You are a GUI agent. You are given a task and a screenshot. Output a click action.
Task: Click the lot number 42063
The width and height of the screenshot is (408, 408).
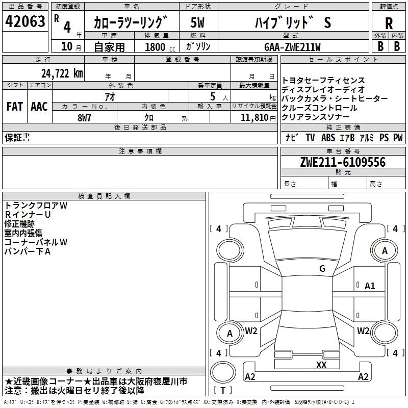(x=25, y=22)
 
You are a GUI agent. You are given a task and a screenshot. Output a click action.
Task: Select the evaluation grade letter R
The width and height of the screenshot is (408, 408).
(x=389, y=23)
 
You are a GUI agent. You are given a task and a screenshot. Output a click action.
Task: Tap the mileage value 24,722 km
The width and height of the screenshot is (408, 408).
(x=62, y=73)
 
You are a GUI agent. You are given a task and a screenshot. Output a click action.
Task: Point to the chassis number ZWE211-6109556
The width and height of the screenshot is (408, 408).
(x=342, y=162)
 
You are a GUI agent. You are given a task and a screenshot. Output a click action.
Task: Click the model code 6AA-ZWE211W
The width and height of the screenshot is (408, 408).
(x=292, y=47)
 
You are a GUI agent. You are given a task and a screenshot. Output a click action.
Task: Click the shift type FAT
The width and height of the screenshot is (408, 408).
(x=14, y=107)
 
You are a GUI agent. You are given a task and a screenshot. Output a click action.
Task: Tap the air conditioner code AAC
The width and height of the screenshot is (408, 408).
(x=39, y=107)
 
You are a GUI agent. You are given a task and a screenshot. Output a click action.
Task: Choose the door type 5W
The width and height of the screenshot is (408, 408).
(x=197, y=23)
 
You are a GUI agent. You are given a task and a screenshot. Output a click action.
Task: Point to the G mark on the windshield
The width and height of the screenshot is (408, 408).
(x=322, y=269)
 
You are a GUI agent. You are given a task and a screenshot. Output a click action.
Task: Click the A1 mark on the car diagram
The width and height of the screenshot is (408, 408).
(x=370, y=286)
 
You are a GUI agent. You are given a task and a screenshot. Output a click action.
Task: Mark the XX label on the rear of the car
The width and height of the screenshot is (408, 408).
(x=321, y=365)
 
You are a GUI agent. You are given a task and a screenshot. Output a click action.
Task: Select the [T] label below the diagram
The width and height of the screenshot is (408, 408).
(x=223, y=391)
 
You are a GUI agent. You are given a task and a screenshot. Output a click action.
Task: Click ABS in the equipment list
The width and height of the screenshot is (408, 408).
(x=328, y=138)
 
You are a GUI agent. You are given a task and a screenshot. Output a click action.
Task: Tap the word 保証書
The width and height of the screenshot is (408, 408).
(x=17, y=138)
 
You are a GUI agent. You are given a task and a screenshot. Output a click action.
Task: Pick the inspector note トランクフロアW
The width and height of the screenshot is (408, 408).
(x=36, y=206)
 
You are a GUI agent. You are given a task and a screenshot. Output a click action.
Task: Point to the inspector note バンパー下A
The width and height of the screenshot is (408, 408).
(x=28, y=251)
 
